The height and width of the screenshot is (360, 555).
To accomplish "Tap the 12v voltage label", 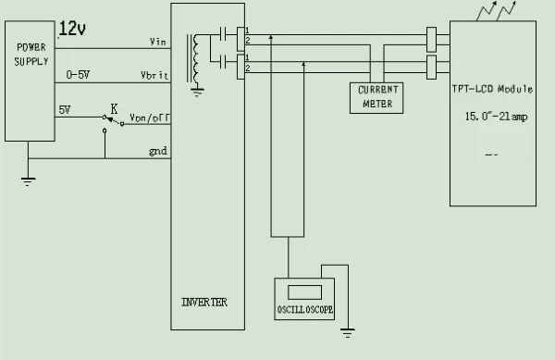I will click(x=73, y=30).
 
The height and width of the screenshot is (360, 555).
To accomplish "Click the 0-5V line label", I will click(x=79, y=74).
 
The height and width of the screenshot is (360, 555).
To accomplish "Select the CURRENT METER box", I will click(x=376, y=97).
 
